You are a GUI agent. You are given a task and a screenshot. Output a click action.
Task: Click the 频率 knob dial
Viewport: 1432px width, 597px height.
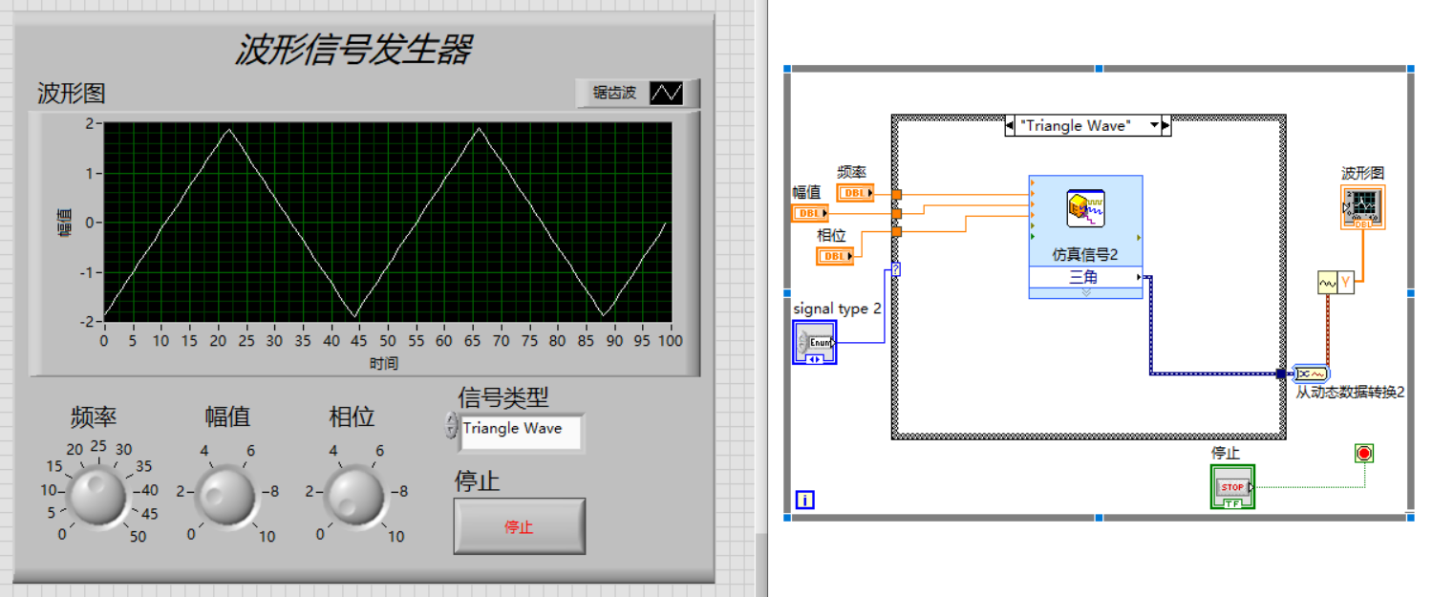pyautogui.click(x=96, y=494)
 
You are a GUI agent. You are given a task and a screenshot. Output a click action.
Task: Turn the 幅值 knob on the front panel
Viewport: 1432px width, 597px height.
pyautogui.click(x=225, y=495)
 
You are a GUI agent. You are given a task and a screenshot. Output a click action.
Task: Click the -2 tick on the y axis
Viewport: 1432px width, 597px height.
pyautogui.click(x=90, y=322)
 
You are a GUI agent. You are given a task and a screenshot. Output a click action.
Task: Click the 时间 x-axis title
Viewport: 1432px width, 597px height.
pyautogui.click(x=384, y=363)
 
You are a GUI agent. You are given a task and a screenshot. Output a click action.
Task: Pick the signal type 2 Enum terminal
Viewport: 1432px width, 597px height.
pyautogui.click(x=814, y=342)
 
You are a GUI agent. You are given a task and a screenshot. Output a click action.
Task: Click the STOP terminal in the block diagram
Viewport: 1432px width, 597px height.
pyautogui.click(x=1232, y=487)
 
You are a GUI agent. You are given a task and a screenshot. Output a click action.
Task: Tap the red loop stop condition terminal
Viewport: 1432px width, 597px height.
pyautogui.click(x=1364, y=453)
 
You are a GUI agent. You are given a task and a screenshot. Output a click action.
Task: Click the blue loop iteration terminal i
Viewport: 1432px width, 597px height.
pyautogui.click(x=804, y=500)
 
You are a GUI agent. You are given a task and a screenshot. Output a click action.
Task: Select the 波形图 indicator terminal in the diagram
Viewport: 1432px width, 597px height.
pyautogui.click(x=1363, y=206)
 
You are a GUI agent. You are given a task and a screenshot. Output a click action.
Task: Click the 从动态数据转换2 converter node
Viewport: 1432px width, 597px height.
pyautogui.click(x=1309, y=373)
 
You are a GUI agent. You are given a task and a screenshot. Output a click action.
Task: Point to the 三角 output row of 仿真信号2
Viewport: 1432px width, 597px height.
pyautogui.click(x=1084, y=278)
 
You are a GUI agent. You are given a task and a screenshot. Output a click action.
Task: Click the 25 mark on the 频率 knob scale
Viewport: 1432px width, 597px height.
pyautogui.click(x=98, y=446)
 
